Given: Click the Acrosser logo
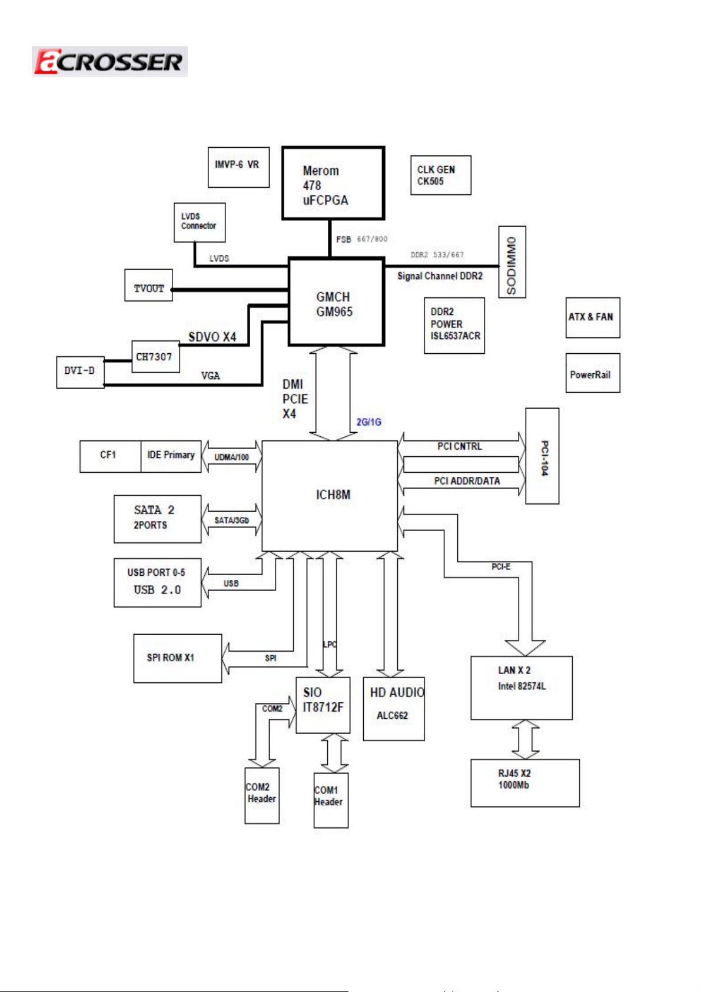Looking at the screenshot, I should click(109, 62).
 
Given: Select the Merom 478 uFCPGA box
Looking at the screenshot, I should click(333, 184).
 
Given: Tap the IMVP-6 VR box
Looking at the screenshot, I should click(238, 167).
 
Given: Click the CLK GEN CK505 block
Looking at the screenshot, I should click(440, 175).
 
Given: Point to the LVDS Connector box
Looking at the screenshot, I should click(200, 223).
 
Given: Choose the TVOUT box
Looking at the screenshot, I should click(148, 286).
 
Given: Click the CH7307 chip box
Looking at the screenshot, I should click(155, 357).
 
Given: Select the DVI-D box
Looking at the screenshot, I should click(80, 372).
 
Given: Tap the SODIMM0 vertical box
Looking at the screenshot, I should click(512, 262).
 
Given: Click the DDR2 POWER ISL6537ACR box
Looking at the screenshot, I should click(454, 325).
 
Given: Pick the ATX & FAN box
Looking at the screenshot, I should click(593, 317).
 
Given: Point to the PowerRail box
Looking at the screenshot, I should click(593, 373).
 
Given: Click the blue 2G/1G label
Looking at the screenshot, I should click(369, 422).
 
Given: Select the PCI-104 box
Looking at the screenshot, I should click(542, 456).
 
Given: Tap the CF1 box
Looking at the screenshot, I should click(110, 456).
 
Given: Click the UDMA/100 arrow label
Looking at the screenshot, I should click(231, 457).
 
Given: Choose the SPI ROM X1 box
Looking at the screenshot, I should click(177, 658).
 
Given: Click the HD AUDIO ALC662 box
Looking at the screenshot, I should click(394, 709).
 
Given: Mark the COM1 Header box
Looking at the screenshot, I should click(331, 800).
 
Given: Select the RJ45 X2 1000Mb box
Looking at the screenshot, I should click(524, 783).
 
